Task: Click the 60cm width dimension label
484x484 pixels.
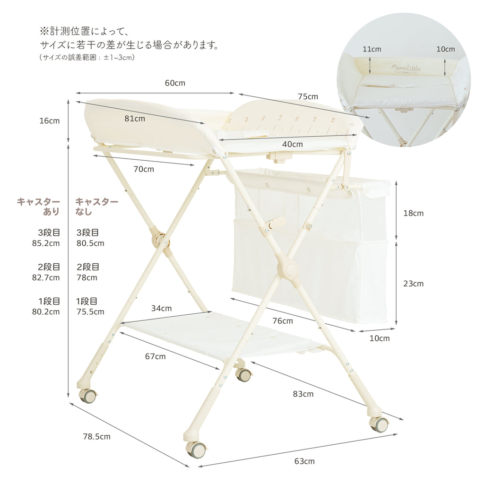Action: click(x=175, y=83)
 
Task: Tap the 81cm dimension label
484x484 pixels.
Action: click(x=135, y=119)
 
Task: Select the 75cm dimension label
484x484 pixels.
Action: click(x=308, y=96)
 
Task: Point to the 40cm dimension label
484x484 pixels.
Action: click(x=292, y=144)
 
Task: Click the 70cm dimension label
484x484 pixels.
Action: click(x=144, y=169)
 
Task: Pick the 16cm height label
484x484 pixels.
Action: click(x=49, y=121)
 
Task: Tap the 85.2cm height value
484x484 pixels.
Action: click(x=46, y=243)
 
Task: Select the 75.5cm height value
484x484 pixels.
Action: click(x=90, y=312)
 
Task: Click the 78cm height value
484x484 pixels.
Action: click(x=87, y=277)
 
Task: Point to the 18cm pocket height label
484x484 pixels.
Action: click(x=413, y=213)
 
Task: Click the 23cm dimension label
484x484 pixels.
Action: click(x=413, y=284)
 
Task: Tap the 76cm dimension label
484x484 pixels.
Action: click(x=283, y=321)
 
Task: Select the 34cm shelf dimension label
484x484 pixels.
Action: click(x=161, y=308)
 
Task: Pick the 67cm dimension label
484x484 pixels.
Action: click(x=155, y=356)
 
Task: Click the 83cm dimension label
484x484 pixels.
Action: click(x=303, y=394)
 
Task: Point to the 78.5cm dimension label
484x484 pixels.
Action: click(x=96, y=436)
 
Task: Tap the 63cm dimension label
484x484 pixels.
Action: click(x=304, y=461)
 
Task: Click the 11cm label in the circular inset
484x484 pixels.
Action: click(x=372, y=49)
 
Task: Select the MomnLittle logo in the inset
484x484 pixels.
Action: click(x=406, y=69)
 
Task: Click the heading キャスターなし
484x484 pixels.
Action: click(x=96, y=207)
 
